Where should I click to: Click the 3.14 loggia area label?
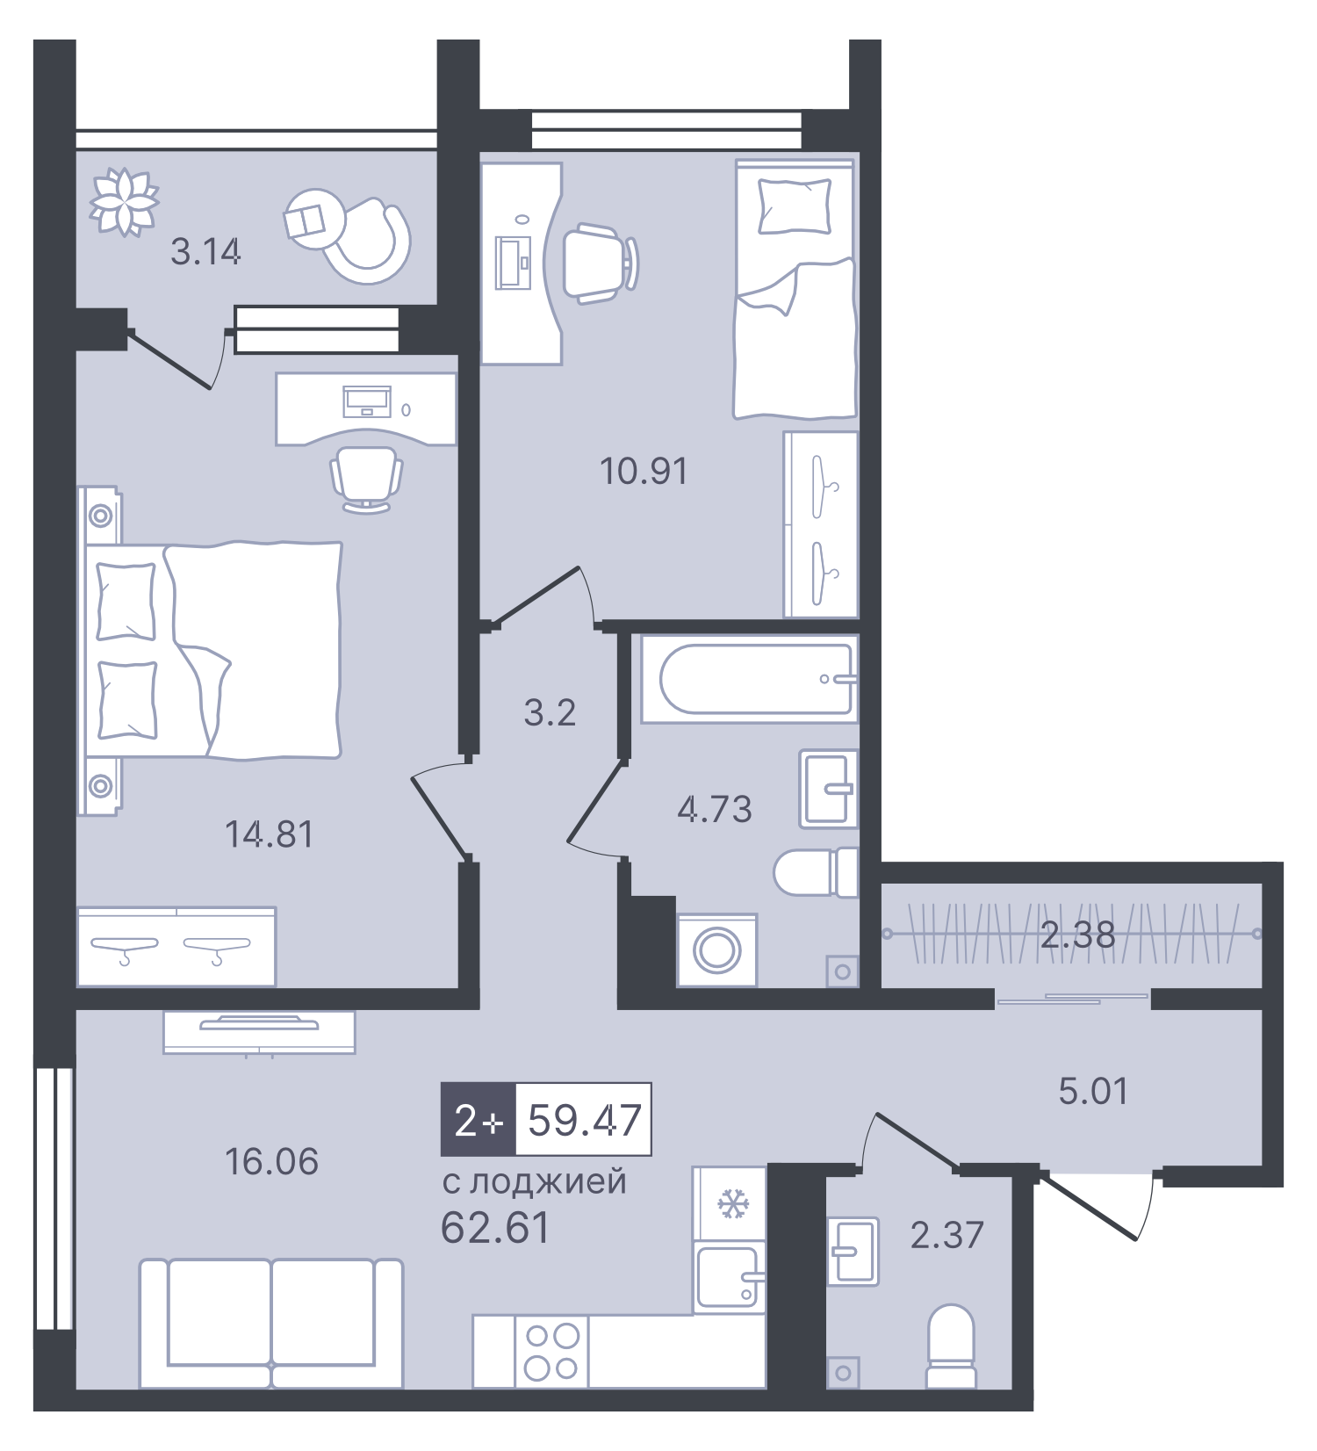205,252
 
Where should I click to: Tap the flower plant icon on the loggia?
125,201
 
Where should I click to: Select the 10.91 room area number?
644,472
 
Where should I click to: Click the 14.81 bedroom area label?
270,834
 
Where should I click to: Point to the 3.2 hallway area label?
550,712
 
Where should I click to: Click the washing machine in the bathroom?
716,949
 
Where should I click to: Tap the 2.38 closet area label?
1077,935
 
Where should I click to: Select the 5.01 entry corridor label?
1093,1091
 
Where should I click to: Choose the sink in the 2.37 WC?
853,1251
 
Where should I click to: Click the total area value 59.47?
584,1120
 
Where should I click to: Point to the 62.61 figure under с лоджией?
495,1228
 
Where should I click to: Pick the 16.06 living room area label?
271,1161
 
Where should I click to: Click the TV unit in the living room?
259,1032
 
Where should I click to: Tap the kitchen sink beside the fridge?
728,1277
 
